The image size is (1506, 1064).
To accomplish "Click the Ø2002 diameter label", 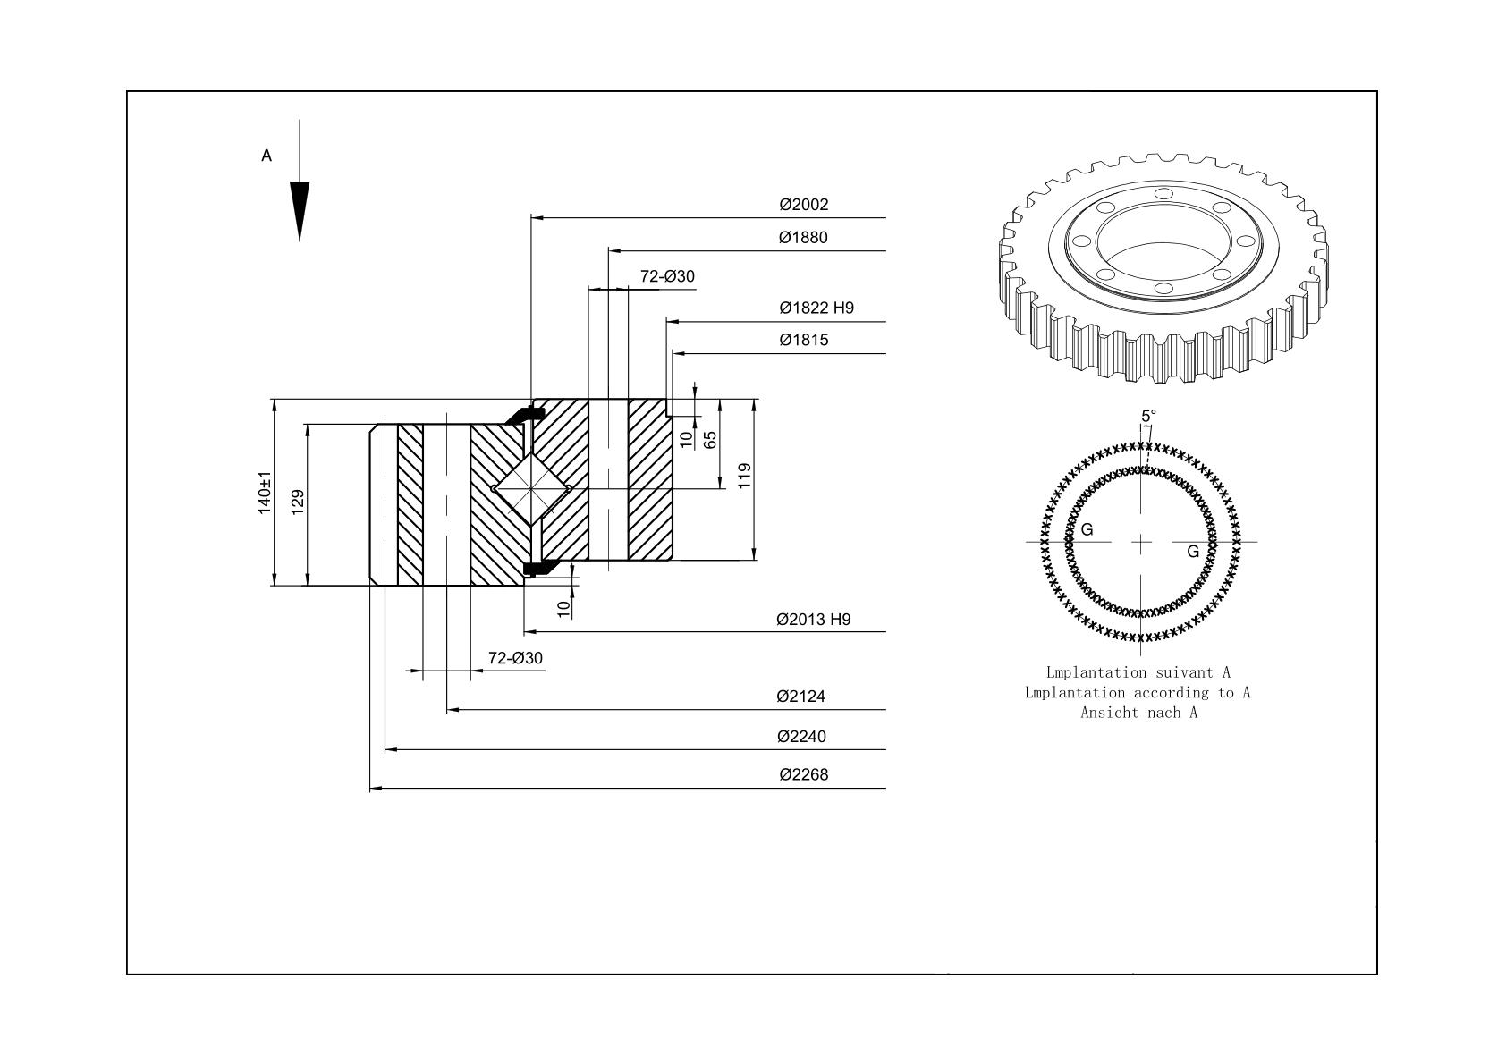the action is (x=803, y=205).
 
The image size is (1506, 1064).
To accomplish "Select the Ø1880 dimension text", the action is (x=803, y=237).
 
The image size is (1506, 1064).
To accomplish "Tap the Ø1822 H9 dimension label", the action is (x=816, y=308).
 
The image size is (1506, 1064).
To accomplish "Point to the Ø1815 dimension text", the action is (x=803, y=340).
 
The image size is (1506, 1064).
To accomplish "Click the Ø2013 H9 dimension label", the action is (x=814, y=619).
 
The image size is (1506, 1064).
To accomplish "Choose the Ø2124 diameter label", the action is (x=800, y=697).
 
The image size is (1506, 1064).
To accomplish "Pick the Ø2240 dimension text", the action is (x=801, y=737).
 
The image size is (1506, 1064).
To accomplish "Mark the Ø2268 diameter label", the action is (x=803, y=775).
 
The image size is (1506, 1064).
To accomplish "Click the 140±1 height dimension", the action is (x=265, y=493).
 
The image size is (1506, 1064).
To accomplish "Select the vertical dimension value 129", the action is (x=298, y=502).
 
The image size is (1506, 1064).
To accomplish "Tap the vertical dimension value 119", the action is (x=744, y=476).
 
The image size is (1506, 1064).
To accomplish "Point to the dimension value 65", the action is (x=710, y=440).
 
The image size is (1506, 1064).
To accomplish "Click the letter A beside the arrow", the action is (x=267, y=156).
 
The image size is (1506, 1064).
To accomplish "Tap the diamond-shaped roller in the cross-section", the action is (x=531, y=489).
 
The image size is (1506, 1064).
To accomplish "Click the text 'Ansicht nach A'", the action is (x=1139, y=713).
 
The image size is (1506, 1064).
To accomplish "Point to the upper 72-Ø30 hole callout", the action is (x=667, y=276).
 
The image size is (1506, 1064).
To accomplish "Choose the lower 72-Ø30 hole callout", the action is (x=515, y=658).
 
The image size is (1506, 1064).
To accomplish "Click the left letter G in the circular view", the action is (x=1087, y=529).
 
